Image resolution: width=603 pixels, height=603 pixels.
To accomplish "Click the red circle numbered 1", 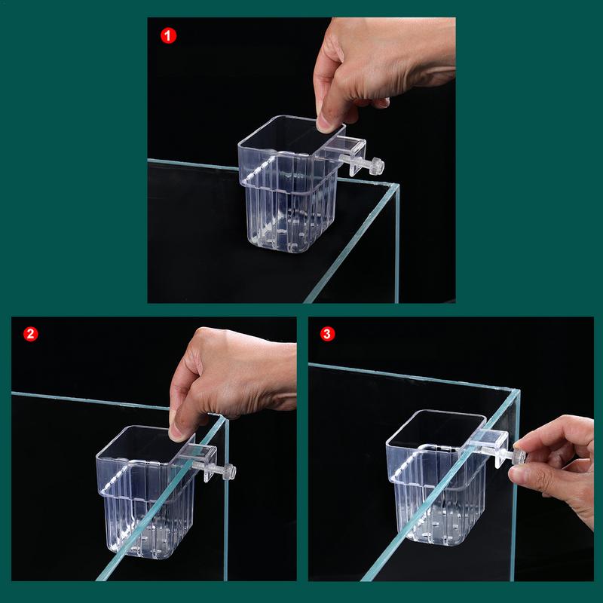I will [x=170, y=35].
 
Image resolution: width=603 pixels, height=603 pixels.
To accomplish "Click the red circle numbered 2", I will [x=30, y=334].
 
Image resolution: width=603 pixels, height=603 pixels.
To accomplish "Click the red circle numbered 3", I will [x=326, y=334].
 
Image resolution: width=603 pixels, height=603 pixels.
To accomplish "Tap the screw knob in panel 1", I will [x=377, y=167].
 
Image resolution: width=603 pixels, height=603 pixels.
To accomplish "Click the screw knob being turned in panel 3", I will [x=518, y=457].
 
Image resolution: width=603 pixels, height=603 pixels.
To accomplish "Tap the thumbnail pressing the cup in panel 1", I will [x=329, y=121].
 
